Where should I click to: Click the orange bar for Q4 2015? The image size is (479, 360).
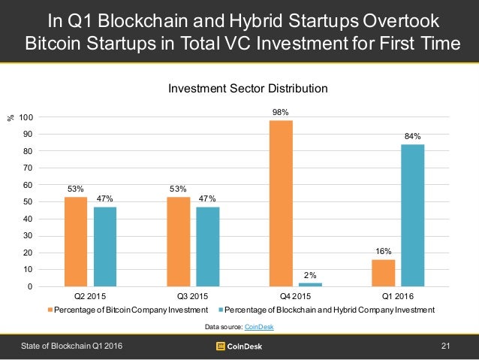tap(280, 203)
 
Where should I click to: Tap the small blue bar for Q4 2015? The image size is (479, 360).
tap(310, 284)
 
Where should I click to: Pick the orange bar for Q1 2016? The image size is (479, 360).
tap(383, 273)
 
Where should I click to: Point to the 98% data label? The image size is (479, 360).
tap(280, 112)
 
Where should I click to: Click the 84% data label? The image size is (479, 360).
tap(412, 136)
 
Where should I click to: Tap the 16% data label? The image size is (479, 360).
tap(383, 252)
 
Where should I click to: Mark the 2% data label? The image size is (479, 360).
tap(310, 275)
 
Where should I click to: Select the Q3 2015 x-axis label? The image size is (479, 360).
tap(193, 297)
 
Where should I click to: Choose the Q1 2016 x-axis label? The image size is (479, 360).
tap(398, 297)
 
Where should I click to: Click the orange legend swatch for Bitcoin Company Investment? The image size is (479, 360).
tap(52, 310)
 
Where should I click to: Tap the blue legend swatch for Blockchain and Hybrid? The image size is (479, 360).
tap(220, 310)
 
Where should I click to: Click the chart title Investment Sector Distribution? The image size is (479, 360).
tap(247, 89)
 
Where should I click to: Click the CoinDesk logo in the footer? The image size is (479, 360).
tap(239, 346)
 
